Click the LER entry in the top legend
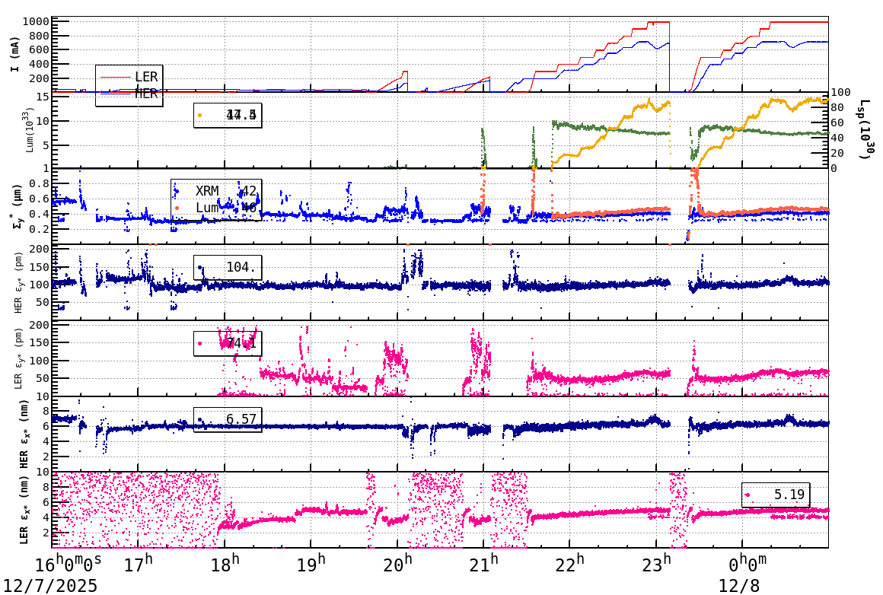point(146,77)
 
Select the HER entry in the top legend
point(146,94)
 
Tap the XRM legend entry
point(208,190)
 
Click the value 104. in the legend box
point(242,267)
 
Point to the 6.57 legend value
point(241,419)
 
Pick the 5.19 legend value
point(790,495)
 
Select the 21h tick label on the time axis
point(484,565)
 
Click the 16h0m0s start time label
point(69,565)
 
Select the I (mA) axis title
point(15,54)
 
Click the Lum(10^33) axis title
point(30,130)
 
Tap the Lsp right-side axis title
point(864,130)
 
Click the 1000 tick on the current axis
point(36,21)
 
